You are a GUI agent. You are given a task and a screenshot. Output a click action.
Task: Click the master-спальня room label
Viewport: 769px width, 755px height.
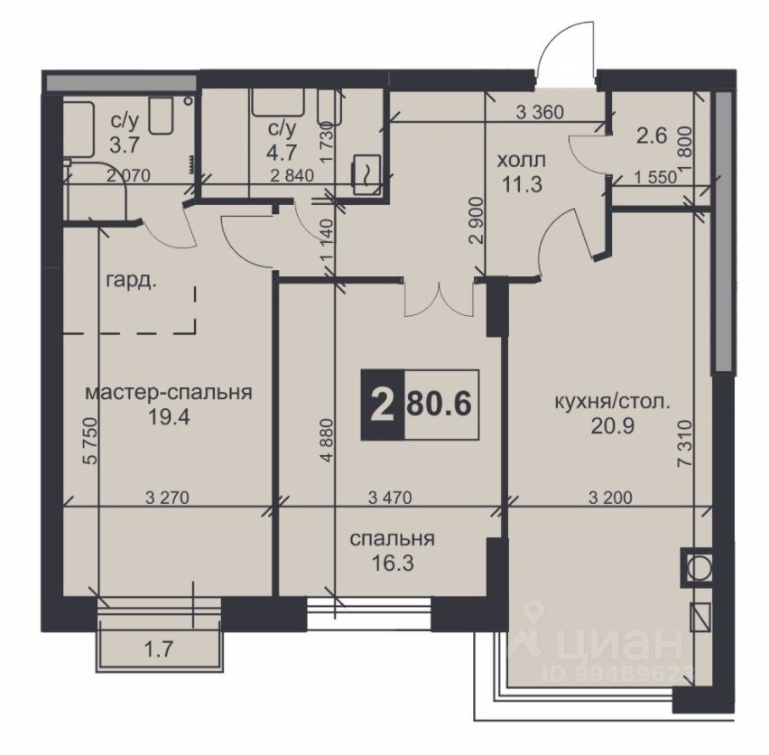click(169, 393)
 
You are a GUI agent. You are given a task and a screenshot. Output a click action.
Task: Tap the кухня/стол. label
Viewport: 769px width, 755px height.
click(612, 403)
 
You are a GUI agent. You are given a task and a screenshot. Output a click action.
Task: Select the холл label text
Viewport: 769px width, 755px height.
click(522, 161)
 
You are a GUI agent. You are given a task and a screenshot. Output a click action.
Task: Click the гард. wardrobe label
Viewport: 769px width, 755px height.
click(131, 282)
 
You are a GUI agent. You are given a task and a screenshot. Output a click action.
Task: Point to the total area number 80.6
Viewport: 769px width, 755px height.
click(440, 405)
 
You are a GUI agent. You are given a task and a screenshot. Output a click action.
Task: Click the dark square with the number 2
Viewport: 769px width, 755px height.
click(383, 405)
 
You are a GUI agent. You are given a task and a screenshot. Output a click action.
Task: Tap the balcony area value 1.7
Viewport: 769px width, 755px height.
click(159, 649)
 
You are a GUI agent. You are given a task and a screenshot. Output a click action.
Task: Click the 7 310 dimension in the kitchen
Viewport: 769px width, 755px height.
click(686, 444)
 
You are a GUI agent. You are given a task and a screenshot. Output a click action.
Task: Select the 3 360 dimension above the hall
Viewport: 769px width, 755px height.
click(540, 113)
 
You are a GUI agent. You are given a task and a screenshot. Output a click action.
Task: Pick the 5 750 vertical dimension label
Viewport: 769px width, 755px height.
click(90, 441)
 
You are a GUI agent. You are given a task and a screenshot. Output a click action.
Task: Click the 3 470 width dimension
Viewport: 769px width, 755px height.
click(390, 498)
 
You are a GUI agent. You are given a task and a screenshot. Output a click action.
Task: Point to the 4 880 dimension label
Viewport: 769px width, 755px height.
click(327, 440)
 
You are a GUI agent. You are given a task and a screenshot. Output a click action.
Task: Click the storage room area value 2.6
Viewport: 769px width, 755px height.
click(652, 135)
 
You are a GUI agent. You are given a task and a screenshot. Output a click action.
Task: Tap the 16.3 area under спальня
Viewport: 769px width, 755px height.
click(393, 564)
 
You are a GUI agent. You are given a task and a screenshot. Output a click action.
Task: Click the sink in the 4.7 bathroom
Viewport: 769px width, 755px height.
click(366, 170)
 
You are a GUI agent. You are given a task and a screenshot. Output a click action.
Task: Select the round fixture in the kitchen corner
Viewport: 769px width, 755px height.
click(697, 567)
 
